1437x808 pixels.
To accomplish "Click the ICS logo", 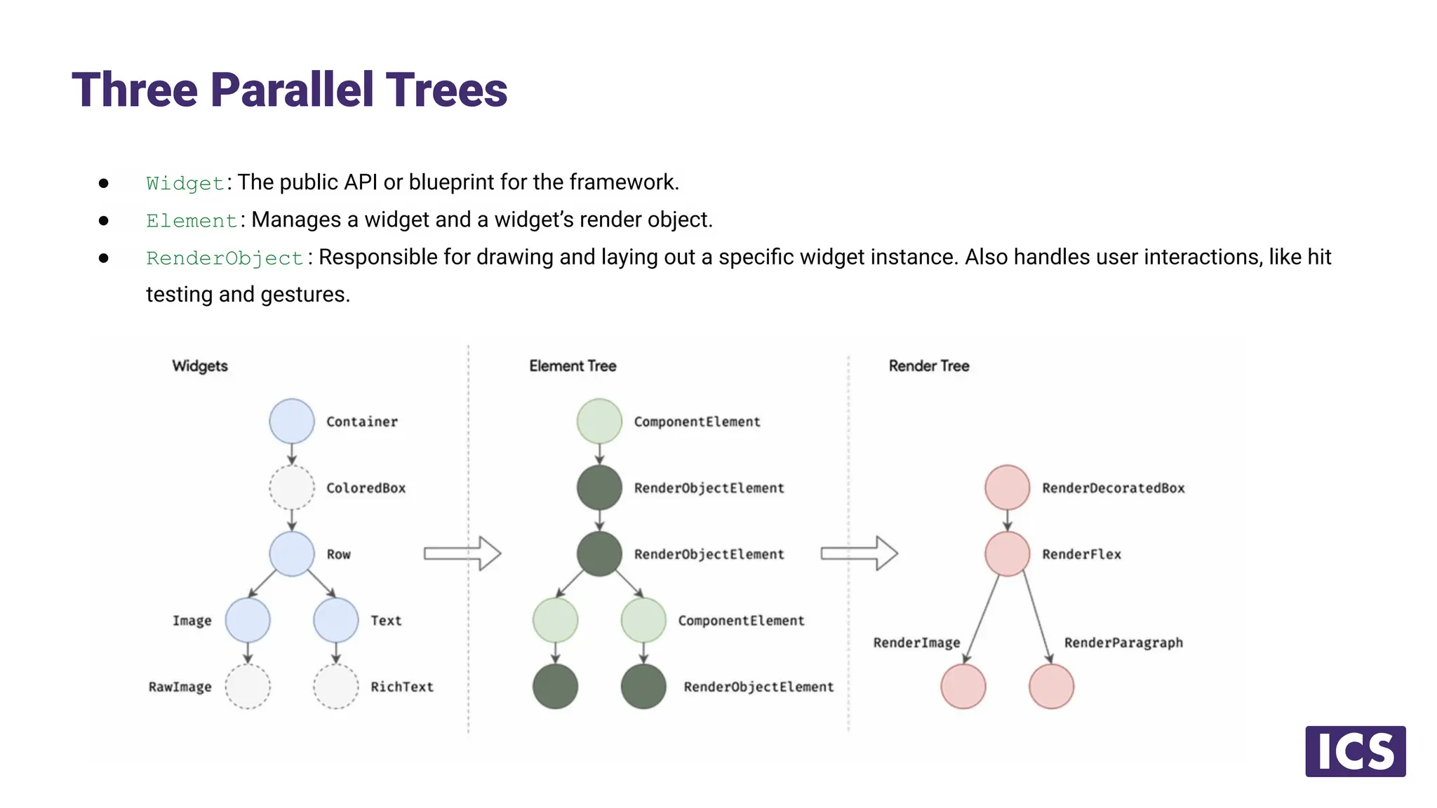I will (x=1355, y=751).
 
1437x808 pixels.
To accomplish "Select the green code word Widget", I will (x=185, y=184).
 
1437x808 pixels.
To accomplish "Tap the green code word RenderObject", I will (x=225, y=258).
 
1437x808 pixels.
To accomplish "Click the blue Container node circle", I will (x=292, y=421).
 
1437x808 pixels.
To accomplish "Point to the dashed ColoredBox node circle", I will (x=292, y=487).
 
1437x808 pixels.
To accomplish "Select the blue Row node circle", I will (x=292, y=553).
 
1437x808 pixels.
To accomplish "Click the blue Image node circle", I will (x=248, y=620).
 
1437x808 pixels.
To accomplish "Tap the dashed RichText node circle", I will (x=336, y=686).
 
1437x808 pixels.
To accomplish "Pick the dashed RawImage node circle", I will (x=248, y=686).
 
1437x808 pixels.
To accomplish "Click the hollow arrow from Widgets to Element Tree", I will (x=462, y=553).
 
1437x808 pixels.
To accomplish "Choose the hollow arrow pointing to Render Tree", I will (x=860, y=553).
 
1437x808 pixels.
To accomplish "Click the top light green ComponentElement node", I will (x=599, y=421).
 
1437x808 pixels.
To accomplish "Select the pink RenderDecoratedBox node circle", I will (x=1007, y=487).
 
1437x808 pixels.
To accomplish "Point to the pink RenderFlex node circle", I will (x=1007, y=553).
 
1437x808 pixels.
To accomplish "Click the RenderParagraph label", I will (x=1123, y=642).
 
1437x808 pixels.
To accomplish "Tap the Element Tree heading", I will (x=573, y=365).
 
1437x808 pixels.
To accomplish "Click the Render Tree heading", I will (x=928, y=365).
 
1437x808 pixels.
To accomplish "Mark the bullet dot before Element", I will (x=104, y=221).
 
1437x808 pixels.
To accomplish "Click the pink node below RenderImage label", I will (x=963, y=686).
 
